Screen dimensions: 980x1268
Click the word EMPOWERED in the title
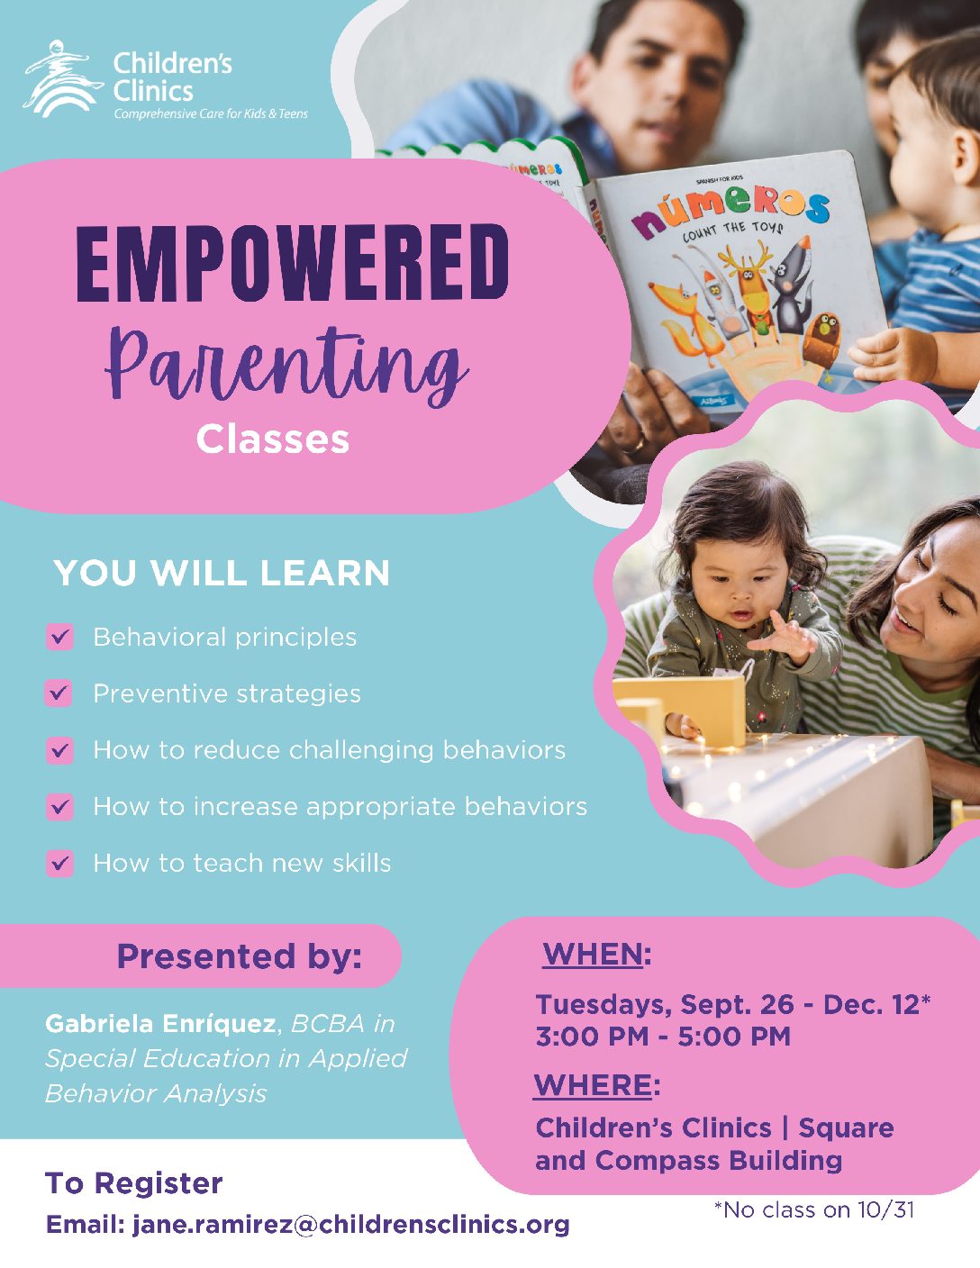point(293,263)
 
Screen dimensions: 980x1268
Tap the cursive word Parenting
point(286,365)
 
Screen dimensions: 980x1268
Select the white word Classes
point(273,439)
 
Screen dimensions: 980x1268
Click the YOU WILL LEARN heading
point(222,573)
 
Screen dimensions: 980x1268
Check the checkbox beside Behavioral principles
point(59,637)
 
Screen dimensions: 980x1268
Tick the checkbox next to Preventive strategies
point(59,693)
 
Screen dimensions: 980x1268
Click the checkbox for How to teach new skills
point(59,863)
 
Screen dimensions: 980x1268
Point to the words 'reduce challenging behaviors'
point(379,750)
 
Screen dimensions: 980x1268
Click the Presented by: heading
point(240,956)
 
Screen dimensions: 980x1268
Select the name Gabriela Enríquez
point(160,1024)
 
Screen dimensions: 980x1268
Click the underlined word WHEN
point(593,954)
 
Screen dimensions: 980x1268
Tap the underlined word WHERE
point(593,1085)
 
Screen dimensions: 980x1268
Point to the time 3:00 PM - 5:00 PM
point(663,1037)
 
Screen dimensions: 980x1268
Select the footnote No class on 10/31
point(814,1210)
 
